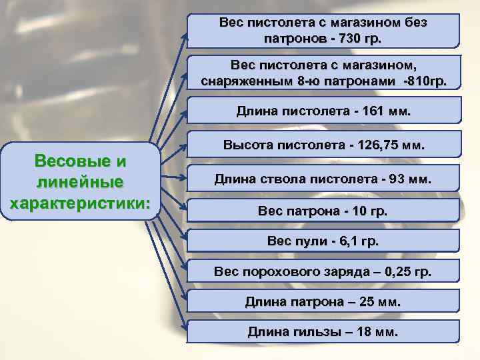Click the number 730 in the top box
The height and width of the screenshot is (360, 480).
click(x=351, y=38)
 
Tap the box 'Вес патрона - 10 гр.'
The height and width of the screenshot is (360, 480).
click(x=323, y=211)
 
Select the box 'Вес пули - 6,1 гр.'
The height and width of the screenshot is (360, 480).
click(x=323, y=241)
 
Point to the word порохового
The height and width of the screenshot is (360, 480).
click(x=272, y=271)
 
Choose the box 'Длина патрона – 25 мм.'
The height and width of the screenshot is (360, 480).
click(x=323, y=301)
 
